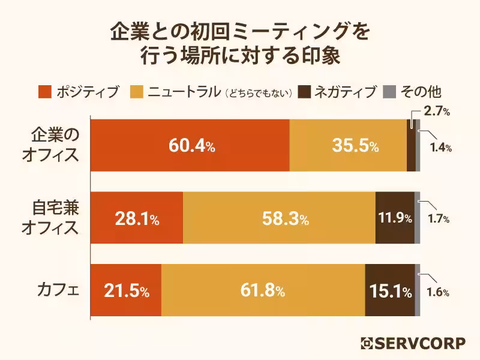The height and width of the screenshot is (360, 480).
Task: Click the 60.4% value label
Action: click(190, 146)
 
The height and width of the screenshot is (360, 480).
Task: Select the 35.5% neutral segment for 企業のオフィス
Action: click(348, 146)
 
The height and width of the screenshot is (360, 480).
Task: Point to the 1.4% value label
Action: click(440, 148)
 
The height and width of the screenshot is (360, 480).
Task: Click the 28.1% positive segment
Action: click(137, 219)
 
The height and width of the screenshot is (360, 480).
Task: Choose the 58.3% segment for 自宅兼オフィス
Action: click(279, 219)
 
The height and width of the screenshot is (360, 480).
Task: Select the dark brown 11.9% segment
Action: click(395, 219)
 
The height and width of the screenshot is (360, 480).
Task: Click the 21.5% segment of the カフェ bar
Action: click(126, 291)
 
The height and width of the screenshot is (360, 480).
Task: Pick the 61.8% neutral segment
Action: click(263, 291)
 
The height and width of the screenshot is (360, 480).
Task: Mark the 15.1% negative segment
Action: click(390, 292)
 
